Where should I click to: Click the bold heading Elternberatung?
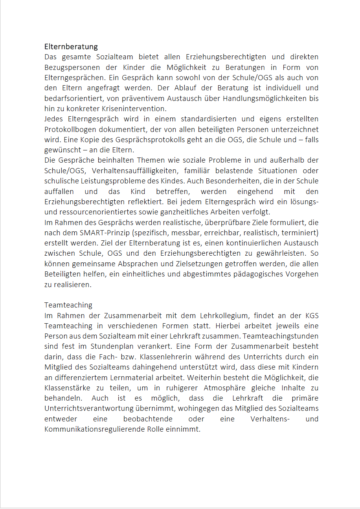click(x=71, y=47)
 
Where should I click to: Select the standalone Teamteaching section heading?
click(x=68, y=305)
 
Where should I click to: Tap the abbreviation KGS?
click(x=312, y=315)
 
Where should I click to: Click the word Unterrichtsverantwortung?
click(x=105, y=408)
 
